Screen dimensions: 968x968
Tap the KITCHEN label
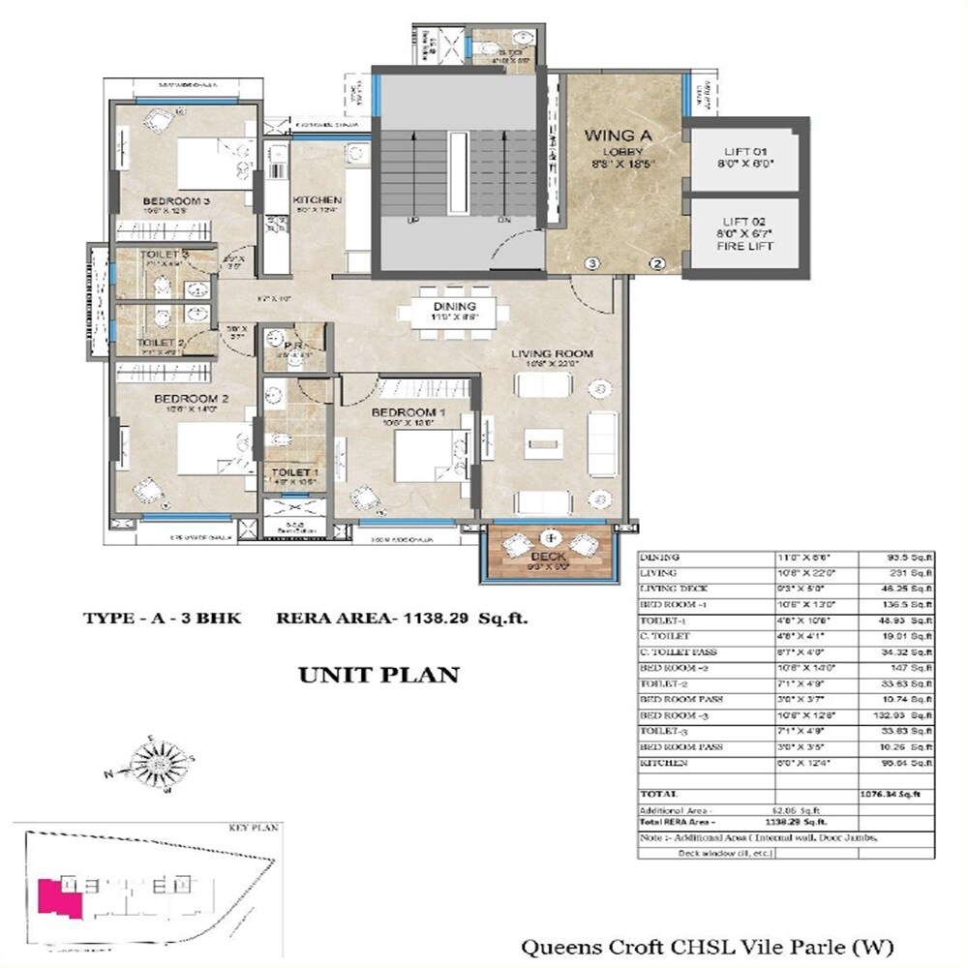point(318,199)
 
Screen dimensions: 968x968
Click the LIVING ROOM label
point(553,354)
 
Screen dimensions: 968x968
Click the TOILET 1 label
point(287,471)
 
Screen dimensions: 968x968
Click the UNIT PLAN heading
point(378,675)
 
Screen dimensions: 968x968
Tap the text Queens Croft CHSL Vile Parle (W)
point(707,946)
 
